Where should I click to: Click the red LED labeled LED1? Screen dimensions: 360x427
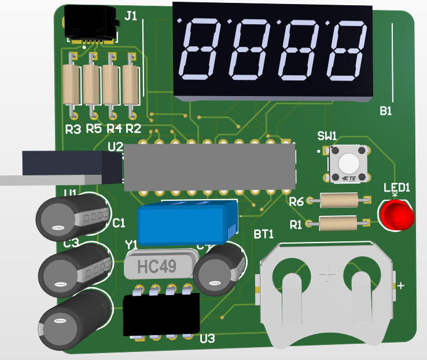click(397, 214)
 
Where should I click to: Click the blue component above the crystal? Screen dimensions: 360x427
click(185, 223)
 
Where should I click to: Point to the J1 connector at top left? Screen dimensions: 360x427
click(91, 23)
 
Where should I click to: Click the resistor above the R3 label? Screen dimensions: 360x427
click(71, 82)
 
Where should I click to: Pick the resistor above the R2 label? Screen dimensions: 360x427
click(131, 82)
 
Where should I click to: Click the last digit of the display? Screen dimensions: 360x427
click(347, 51)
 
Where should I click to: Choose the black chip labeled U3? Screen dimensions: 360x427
click(161, 314)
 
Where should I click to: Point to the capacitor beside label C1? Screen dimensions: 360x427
click(73, 217)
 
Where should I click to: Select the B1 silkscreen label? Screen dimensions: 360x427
click(386, 111)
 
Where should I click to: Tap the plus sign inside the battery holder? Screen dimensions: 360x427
click(328, 273)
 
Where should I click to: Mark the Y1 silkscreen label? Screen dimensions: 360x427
click(132, 245)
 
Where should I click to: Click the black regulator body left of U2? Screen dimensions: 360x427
click(69, 165)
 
